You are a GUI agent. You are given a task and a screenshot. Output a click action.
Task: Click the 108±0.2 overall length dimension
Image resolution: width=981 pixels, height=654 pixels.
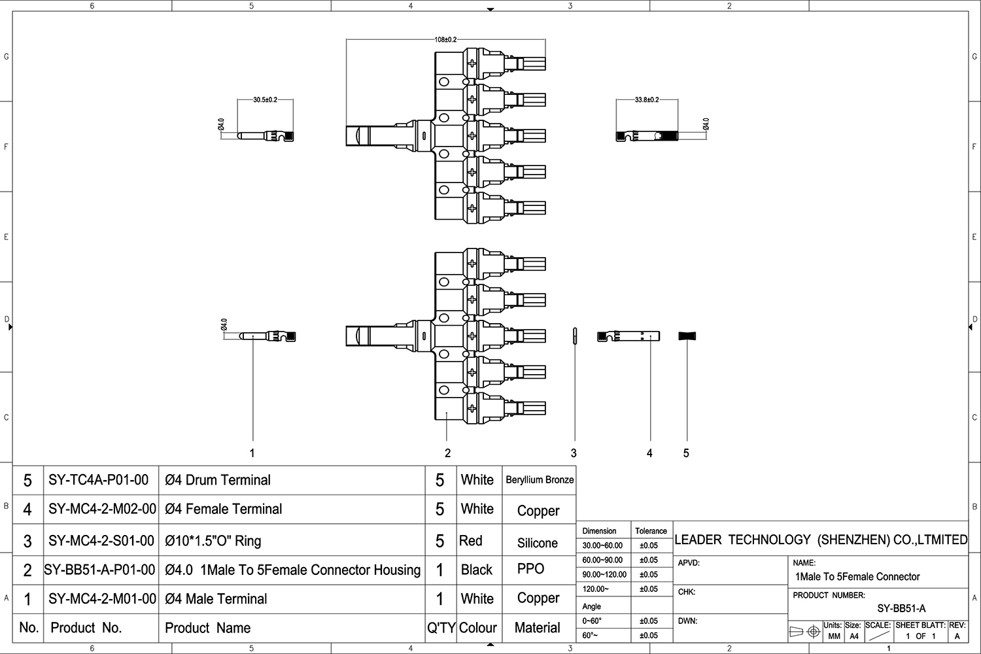445,40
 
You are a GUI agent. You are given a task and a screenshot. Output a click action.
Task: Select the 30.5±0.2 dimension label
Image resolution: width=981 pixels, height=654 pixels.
265,100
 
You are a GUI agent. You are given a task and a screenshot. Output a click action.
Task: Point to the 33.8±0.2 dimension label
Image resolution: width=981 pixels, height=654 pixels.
646,100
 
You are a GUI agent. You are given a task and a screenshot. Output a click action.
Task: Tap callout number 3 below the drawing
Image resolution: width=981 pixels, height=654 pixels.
574,453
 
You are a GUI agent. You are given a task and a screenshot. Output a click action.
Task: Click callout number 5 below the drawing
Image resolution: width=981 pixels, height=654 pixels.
686,453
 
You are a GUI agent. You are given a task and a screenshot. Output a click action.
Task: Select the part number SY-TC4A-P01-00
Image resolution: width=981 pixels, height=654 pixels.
99,480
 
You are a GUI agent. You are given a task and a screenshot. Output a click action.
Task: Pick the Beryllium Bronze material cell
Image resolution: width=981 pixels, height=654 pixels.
540,480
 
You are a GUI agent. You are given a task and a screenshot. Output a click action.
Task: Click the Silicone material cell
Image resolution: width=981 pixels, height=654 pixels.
537,543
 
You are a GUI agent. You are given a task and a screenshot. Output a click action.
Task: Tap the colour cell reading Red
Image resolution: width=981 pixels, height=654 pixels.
471,541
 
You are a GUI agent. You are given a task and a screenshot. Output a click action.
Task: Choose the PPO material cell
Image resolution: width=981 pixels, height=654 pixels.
530,569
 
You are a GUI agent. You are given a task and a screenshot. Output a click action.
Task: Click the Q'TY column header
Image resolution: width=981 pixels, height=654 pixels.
441,628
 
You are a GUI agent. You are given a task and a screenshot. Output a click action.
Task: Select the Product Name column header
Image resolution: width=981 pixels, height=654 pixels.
207,628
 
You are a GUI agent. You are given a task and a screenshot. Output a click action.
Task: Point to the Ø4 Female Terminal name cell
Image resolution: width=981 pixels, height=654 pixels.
224,509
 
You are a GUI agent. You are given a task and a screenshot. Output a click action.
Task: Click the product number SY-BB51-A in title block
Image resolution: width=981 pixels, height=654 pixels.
901,608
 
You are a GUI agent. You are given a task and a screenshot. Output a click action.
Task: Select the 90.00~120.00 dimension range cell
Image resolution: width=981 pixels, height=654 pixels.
604,574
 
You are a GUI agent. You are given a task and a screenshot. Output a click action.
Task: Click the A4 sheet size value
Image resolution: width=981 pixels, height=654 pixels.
853,636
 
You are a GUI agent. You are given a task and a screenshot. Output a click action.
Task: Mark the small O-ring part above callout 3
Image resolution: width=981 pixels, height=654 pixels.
574,335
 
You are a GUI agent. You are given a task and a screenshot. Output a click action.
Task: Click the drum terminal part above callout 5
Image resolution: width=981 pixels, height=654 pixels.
687,336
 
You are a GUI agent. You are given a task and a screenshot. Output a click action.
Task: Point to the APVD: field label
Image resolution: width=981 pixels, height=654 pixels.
689,562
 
